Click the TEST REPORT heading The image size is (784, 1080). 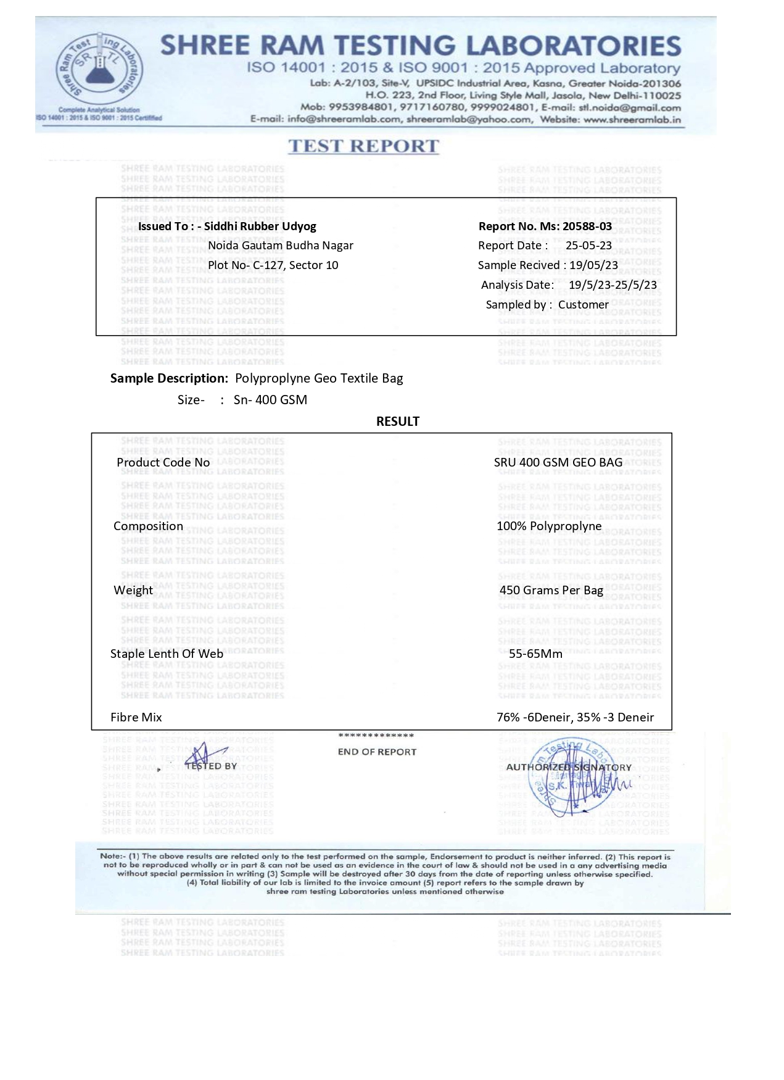(x=363, y=146)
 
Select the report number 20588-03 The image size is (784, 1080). (x=587, y=226)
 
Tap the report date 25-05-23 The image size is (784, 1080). (x=588, y=246)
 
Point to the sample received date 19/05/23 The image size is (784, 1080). (x=593, y=265)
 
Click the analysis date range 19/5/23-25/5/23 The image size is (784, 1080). (x=612, y=285)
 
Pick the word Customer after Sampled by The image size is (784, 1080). (x=583, y=305)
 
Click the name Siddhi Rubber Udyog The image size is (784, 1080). (x=260, y=226)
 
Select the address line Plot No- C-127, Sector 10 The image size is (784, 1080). (x=273, y=265)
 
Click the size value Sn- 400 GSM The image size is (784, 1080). (x=270, y=400)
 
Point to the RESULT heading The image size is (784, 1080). (x=397, y=422)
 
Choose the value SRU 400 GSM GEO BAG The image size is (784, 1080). (x=558, y=462)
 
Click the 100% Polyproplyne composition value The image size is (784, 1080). (x=548, y=526)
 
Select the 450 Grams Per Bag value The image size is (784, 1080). (x=551, y=590)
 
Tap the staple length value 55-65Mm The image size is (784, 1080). (x=535, y=654)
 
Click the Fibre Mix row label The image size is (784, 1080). (x=136, y=717)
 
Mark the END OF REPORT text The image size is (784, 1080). (x=377, y=752)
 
